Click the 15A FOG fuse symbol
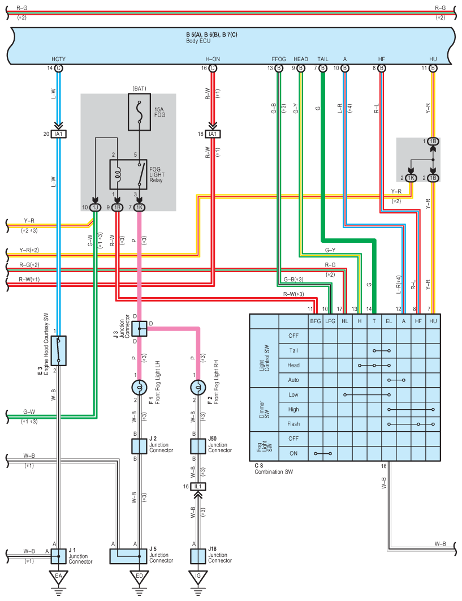point(140,112)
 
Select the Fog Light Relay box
point(128,174)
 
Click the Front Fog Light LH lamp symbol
point(139,388)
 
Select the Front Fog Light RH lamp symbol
point(198,388)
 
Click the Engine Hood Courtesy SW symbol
point(58,351)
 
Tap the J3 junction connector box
point(139,328)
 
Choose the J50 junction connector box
point(198,446)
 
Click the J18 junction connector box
point(198,556)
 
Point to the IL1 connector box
point(198,486)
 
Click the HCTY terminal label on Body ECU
point(58,59)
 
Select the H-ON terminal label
point(213,59)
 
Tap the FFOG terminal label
point(279,59)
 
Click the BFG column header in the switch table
point(316,321)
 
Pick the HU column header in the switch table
point(433,321)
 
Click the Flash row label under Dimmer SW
point(293,424)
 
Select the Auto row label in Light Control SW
point(293,380)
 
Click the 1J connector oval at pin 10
point(95,207)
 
